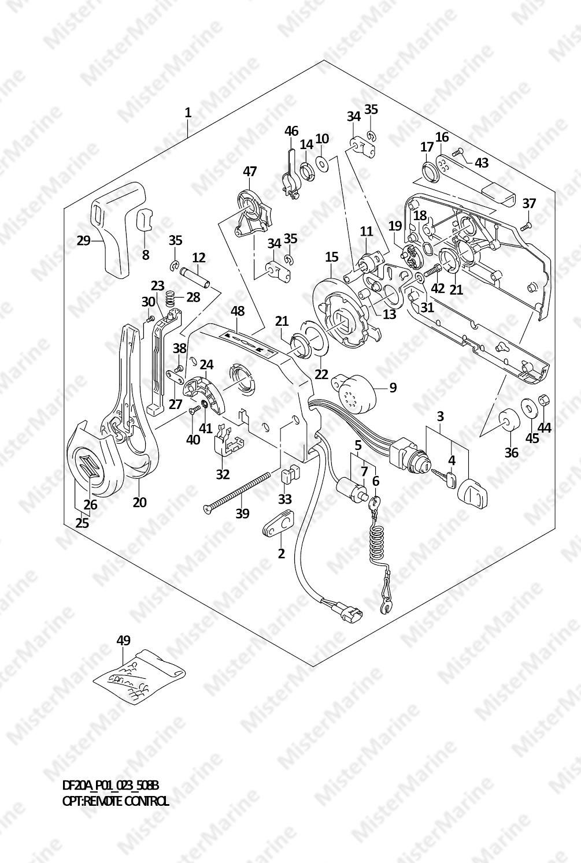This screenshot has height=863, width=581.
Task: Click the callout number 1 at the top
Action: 188,113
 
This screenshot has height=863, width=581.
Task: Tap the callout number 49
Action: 124,640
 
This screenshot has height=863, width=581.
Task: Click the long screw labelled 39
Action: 237,491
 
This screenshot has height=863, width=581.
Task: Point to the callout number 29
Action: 84,240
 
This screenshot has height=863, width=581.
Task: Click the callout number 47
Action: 250,172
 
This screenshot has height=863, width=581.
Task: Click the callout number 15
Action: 331,256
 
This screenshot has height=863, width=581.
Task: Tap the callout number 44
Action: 545,427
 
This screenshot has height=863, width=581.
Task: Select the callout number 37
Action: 529,203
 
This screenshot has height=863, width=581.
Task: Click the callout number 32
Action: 223,474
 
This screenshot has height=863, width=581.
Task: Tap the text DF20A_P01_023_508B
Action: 110,786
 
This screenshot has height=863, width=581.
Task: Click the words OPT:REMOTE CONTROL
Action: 116,801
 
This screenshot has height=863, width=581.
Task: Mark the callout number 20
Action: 139,502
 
